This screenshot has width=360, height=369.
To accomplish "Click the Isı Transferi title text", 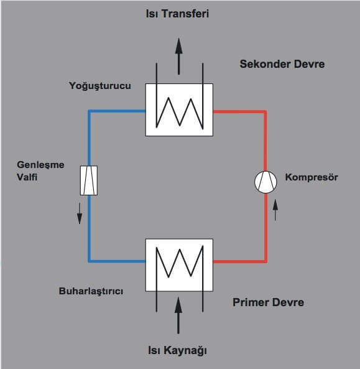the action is pos(177,14).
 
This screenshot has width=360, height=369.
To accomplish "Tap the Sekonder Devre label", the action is pos(282,64).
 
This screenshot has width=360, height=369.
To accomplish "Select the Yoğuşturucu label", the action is pos(100,86).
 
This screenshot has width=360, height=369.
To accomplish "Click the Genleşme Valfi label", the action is pos(40,170).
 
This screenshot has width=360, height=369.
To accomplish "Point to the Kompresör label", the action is pos(312,177).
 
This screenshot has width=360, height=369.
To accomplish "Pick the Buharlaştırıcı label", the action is pos(91,291).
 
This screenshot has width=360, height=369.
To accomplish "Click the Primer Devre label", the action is pos(269,302).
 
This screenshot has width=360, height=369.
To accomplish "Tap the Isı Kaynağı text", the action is pos(177,350).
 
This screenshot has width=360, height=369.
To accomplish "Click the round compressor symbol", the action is pos(265,182).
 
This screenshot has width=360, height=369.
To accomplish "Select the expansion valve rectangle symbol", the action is pos(89,180).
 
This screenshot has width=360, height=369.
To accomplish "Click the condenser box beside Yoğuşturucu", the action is pos(179,110).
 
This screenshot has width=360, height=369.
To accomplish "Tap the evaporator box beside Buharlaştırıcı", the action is pos(179,265).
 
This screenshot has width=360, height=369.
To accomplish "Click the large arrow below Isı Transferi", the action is pos(178,56).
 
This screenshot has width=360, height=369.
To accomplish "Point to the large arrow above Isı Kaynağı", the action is pos(178,315).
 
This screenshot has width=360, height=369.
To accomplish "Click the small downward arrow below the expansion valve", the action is pos(80,213).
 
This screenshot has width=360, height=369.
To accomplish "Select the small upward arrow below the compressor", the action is pos(275,210).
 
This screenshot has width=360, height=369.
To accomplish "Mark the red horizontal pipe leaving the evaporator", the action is pos(239,261).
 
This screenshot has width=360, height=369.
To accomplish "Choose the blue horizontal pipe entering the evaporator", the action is pos(117,261).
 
